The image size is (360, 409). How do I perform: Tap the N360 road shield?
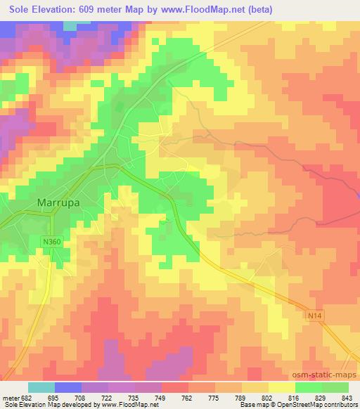pyautogui.click(x=49, y=242)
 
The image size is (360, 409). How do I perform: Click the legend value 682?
pyautogui.click(x=25, y=398)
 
